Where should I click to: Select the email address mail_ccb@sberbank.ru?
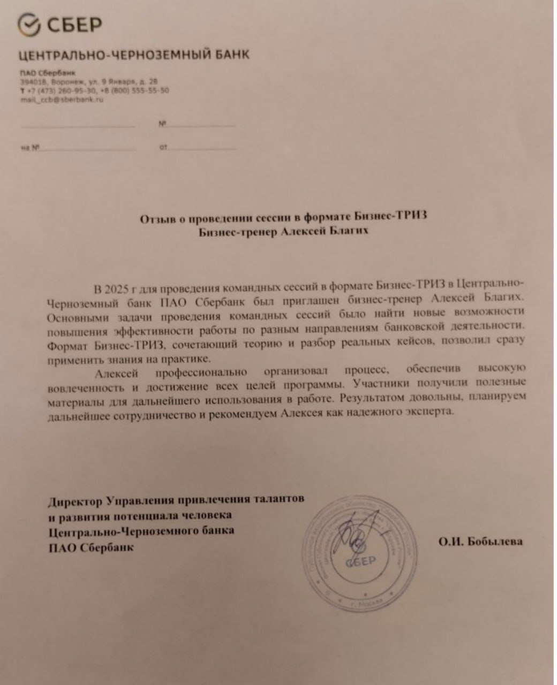pyautogui.click(x=62, y=99)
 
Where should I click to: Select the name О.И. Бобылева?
pyautogui.click(x=480, y=542)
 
